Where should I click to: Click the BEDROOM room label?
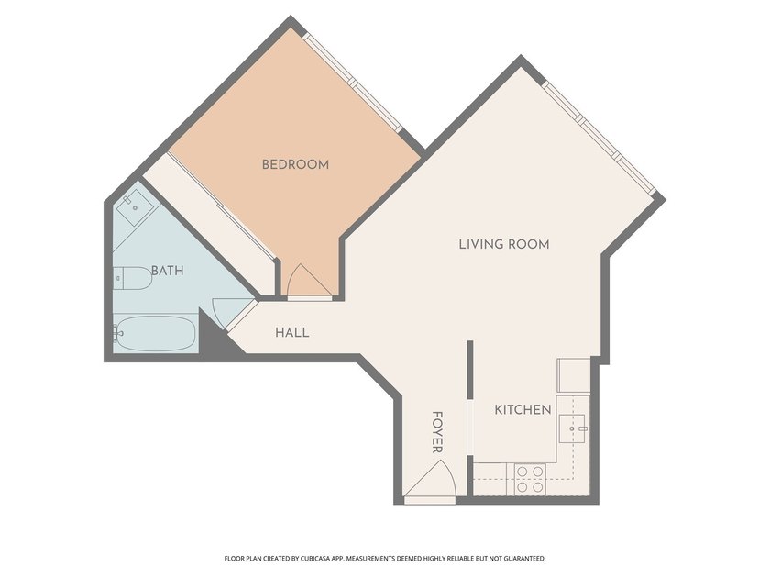tap(295, 164)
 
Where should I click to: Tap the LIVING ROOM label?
tap(504, 244)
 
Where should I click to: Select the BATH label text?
tap(168, 271)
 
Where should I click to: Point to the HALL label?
tap(292, 333)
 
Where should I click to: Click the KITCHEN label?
tap(522, 409)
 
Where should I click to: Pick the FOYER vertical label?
tap(437, 432)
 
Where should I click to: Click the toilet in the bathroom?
tap(133, 278)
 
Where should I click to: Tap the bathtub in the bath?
tap(155, 334)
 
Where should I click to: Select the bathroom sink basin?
tap(134, 207)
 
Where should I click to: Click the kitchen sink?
tap(573, 428)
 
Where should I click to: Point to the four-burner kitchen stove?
tap(530, 479)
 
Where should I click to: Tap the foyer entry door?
tap(431, 480)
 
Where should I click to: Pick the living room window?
tap(599, 138)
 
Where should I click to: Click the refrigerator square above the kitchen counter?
tap(574, 375)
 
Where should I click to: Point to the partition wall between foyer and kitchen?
tap(470, 370)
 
